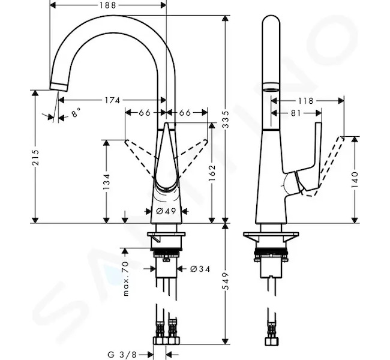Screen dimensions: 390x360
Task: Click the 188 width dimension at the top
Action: pos(108,5)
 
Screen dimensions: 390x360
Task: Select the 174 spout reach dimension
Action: pos(112,100)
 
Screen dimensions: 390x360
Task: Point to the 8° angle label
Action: pos(76,113)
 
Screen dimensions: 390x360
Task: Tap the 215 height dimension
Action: pos(35,157)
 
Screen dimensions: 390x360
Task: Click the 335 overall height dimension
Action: pos(226,119)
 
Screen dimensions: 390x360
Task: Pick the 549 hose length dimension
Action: pos(226,281)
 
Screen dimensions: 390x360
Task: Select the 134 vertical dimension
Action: pos(106,182)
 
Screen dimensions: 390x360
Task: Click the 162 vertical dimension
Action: pos(212,173)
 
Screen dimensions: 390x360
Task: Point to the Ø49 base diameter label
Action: pos(166,211)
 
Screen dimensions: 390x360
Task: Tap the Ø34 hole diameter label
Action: pos(200,269)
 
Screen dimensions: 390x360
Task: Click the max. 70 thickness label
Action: pos(126,278)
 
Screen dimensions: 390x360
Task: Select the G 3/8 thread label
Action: pos(122,354)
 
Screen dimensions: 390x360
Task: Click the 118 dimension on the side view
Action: pos(306,101)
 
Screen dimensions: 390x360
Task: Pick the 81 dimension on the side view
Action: pos(296,113)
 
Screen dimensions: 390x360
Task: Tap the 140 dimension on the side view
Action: pos(355,179)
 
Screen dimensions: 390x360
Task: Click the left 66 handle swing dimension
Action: pos(145,113)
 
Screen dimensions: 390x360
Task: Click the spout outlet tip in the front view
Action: pos(58,87)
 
